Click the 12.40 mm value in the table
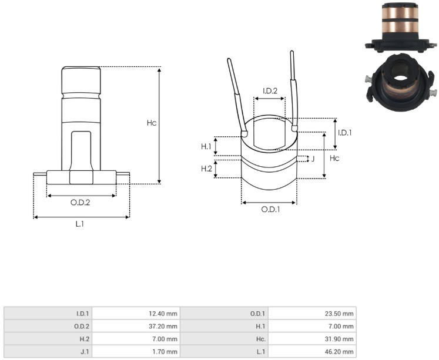pyautogui.click(x=163, y=314)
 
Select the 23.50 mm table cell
pyautogui.click(x=339, y=314)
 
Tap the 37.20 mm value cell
pyautogui.click(x=163, y=326)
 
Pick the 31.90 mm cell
pyautogui.click(x=339, y=339)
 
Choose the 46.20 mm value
pyautogui.click(x=339, y=352)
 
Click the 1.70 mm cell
pyautogui.click(x=165, y=352)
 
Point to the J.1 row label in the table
pyautogui.click(x=84, y=352)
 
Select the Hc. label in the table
pyautogui.click(x=261, y=339)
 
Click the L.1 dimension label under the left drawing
pyautogui.click(x=80, y=224)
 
